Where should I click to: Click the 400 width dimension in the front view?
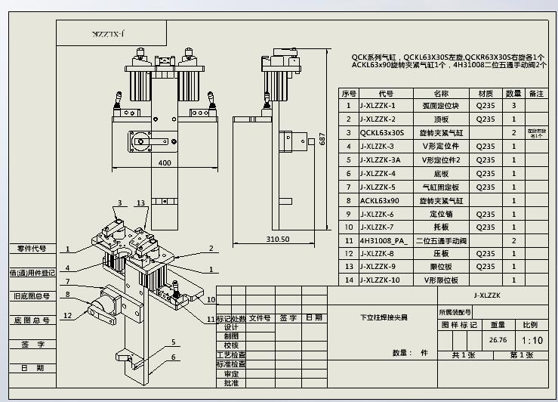[x=165, y=162]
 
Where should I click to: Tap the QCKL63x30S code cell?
[x=383, y=133]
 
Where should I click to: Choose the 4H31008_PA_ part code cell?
[x=384, y=241]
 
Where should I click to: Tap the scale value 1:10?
[x=531, y=340]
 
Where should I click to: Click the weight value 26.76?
[x=498, y=340]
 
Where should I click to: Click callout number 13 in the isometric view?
[x=140, y=203]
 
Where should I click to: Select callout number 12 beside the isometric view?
[x=68, y=315]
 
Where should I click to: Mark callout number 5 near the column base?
[x=173, y=342]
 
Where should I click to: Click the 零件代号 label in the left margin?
[x=32, y=249]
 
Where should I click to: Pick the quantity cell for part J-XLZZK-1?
[x=513, y=106]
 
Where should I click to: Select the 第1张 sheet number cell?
[x=522, y=354]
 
